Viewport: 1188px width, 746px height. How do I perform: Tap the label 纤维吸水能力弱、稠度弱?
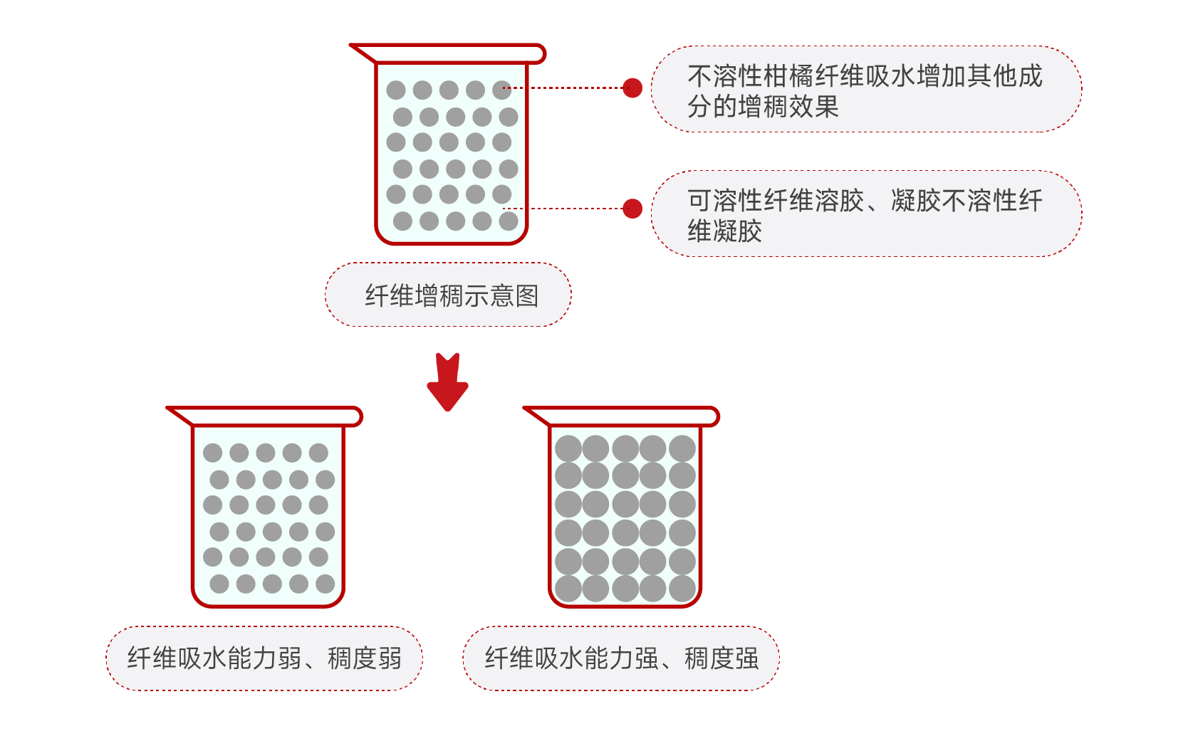click(264, 658)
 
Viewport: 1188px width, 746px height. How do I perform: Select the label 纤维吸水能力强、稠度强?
click(621, 658)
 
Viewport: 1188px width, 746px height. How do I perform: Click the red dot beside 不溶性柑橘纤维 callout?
click(632, 88)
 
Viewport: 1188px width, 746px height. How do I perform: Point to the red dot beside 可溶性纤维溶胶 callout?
click(632, 209)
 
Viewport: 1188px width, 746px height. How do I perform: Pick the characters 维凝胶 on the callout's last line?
click(724, 231)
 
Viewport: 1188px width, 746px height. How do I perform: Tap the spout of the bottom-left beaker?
click(180, 415)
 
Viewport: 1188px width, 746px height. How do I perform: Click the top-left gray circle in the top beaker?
click(396, 90)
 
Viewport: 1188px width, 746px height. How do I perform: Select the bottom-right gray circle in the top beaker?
click(509, 221)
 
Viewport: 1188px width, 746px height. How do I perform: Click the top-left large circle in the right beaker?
click(568, 448)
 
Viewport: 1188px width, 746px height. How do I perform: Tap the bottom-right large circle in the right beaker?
click(682, 589)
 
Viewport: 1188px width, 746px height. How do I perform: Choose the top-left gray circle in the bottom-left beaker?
click(212, 453)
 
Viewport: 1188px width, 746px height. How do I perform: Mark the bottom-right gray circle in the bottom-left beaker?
click(325, 584)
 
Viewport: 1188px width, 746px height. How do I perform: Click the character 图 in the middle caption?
click(527, 295)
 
